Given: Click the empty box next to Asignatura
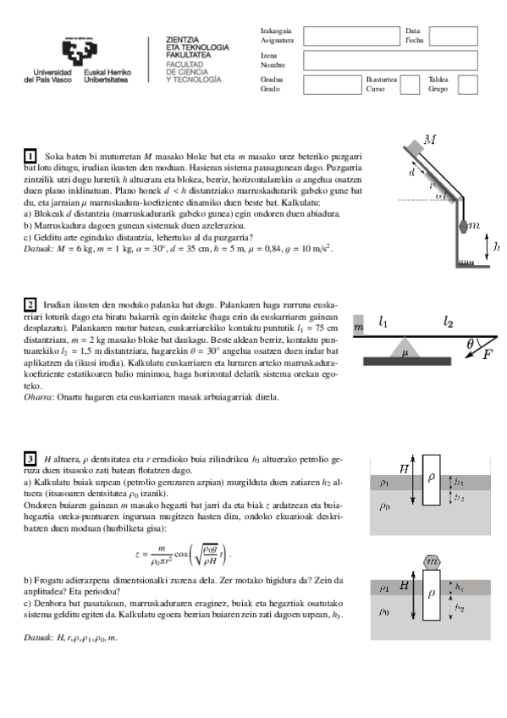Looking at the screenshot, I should point(350,35).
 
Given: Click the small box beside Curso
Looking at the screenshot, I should point(409,85).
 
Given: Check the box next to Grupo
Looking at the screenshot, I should point(467,85).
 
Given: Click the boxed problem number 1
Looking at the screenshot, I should point(30,157).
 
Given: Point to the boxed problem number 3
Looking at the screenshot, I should point(30,458).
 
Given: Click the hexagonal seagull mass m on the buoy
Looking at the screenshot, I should point(432,561).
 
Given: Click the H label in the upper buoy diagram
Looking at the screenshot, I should point(404,467).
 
